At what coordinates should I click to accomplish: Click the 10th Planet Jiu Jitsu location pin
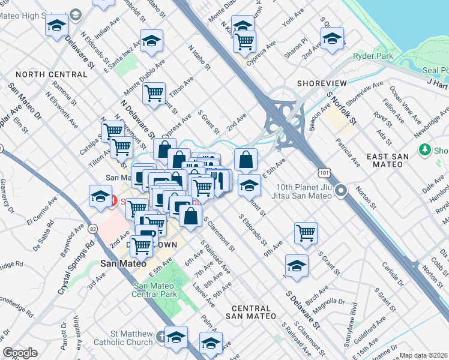tap(341, 192)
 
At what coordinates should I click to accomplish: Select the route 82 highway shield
tap(93, 229)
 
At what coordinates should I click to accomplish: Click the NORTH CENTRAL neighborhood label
tap(52, 74)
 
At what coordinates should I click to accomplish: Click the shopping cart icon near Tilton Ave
tap(154, 92)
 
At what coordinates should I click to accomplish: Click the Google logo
tap(20, 353)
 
